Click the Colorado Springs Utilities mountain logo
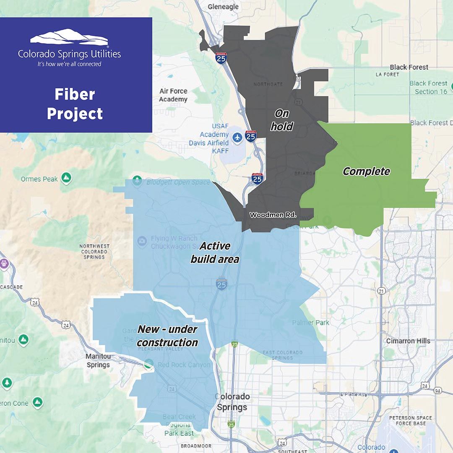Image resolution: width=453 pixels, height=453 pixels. [x=69, y=37]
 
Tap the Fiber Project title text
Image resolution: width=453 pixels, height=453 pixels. [x=75, y=104]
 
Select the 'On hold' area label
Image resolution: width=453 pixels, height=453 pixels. [x=281, y=120]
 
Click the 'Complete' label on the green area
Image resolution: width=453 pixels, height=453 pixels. [x=366, y=171]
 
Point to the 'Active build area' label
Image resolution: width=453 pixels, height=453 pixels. [x=215, y=253]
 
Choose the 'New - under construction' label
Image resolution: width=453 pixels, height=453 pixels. [x=168, y=336]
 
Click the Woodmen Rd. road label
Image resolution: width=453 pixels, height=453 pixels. [x=273, y=215]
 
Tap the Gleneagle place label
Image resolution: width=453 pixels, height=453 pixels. [x=223, y=7]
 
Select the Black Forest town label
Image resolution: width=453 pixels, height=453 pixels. [x=409, y=67]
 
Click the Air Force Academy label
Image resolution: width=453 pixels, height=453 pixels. [x=173, y=95]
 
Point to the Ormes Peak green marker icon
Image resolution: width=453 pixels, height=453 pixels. [x=66, y=178]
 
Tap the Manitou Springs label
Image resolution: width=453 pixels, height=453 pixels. [x=98, y=360]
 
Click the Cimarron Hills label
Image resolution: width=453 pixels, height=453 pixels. [x=408, y=341]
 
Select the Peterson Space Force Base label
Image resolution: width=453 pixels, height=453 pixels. [x=410, y=420]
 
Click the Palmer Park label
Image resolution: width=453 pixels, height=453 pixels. [x=311, y=323]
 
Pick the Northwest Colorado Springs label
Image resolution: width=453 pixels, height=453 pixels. [x=94, y=251]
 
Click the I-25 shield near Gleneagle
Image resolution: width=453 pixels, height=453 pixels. [x=221, y=58]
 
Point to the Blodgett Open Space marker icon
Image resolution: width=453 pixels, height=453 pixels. [x=137, y=182]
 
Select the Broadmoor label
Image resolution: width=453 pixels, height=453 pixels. [x=196, y=446]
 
